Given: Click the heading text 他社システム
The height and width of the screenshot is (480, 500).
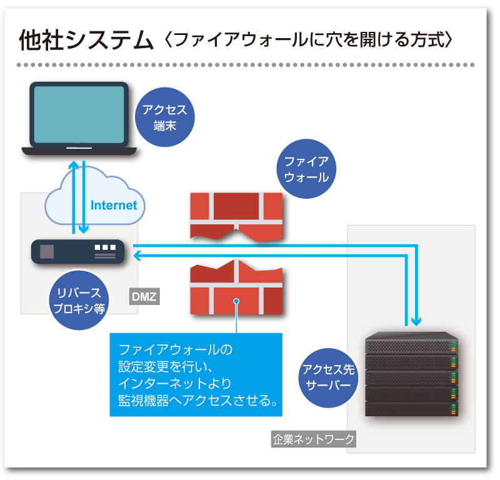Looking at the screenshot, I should point(86,41).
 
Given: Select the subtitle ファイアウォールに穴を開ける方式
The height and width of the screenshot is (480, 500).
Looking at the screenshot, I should point(306,41).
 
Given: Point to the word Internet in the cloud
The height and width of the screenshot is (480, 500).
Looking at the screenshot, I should point(114,205).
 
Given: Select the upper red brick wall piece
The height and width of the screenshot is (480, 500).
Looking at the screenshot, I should point(236,212).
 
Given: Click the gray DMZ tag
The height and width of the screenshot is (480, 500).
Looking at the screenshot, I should point(144,296).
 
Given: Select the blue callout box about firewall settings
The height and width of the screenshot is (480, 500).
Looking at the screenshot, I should point(196,374).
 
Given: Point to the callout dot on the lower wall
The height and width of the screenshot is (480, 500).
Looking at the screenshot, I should point(236,301).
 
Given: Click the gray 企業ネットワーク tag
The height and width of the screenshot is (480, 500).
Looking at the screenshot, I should point(314,439).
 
